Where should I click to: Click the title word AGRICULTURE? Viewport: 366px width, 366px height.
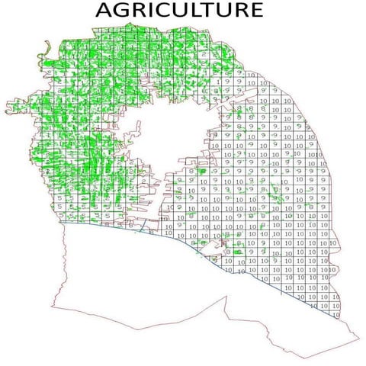pyautogui.click(x=178, y=11)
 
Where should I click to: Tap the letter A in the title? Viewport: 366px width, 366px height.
pyautogui.click(x=103, y=11)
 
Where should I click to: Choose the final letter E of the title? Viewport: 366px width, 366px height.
pyautogui.click(x=256, y=11)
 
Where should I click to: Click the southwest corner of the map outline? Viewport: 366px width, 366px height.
pyautogui.click(x=51, y=309)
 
